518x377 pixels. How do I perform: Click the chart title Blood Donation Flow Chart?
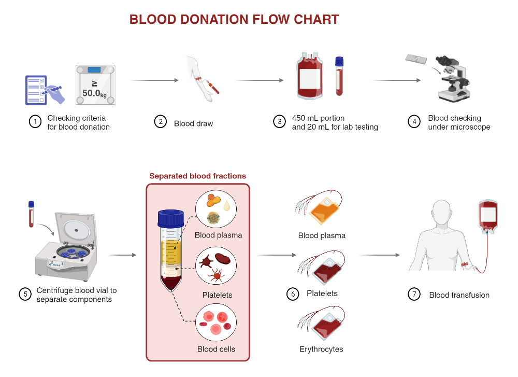pos(234,20)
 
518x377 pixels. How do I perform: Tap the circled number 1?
pos(35,122)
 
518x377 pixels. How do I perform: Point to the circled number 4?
pos(414,122)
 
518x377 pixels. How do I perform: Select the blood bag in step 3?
pos(311,76)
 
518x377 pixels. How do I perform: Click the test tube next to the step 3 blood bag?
pos(339,76)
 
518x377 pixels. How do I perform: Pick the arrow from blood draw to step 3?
pos(259,80)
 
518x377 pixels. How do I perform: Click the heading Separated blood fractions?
pos(198,176)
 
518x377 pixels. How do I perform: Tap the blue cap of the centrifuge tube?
pos(171,218)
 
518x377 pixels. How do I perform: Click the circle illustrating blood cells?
pos(216,323)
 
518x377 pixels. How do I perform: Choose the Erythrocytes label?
pos(321,349)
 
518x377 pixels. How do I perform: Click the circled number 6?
pos(293,294)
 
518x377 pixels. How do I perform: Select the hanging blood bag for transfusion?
pos(487,215)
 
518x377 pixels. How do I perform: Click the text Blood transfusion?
pos(459,295)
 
